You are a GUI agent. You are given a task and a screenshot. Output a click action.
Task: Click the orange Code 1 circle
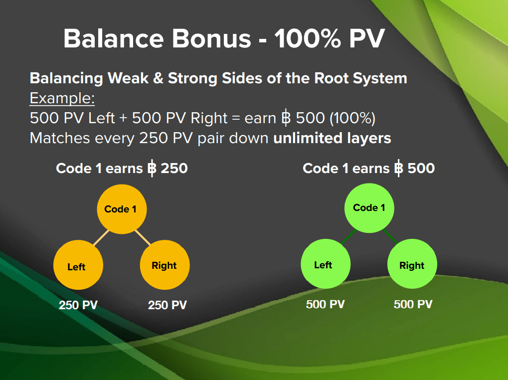click(122, 209)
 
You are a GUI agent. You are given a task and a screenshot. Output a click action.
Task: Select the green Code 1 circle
click(369, 208)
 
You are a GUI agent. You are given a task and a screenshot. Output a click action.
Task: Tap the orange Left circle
click(78, 265)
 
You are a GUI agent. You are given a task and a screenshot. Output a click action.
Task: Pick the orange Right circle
click(165, 265)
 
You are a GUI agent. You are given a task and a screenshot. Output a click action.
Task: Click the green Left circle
click(326, 264)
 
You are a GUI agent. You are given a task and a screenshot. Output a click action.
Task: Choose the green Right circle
click(412, 264)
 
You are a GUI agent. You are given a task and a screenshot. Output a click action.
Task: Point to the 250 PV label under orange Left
click(78, 305)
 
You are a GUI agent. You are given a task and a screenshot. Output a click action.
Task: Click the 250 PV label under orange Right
click(168, 305)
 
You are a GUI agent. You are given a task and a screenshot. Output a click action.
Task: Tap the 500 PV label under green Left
click(325, 304)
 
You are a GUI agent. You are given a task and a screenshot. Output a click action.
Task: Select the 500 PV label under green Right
click(413, 304)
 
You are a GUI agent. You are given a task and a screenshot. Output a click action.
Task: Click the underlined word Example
click(62, 98)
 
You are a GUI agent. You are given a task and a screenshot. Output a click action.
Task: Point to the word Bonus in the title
click(211, 38)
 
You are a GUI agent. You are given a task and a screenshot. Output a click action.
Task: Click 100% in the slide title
click(308, 38)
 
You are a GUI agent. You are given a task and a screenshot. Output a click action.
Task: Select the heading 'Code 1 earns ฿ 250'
click(122, 169)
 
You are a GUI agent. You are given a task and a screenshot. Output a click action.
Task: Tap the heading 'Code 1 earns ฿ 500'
click(369, 169)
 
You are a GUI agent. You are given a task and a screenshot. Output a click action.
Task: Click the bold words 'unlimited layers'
click(332, 138)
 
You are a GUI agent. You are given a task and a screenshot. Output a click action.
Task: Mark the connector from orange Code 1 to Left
click(101, 238)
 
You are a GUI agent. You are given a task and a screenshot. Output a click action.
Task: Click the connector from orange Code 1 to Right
click(143, 238)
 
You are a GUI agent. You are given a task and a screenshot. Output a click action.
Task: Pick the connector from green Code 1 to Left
click(348, 237)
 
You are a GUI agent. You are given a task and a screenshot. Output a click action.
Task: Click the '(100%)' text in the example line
click(352, 118)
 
